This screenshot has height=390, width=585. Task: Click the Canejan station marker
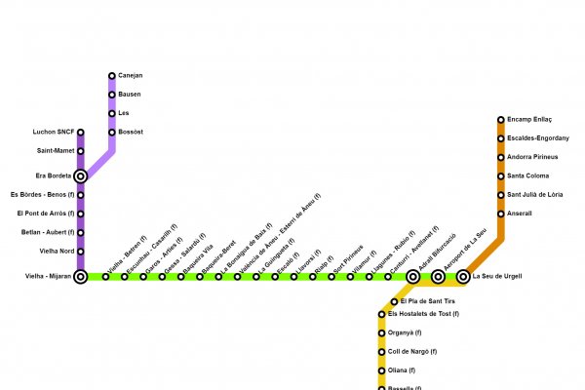pyautogui.click(x=112, y=76)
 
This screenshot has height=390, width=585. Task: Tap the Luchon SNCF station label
pyautogui.click(x=55, y=133)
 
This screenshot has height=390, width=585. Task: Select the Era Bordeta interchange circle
pyautogui.click(x=80, y=176)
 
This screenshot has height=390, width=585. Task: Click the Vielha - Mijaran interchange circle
pyautogui.click(x=80, y=277)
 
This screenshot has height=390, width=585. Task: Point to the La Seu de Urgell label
pyautogui.click(x=496, y=277)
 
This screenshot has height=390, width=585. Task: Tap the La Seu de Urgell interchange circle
pyautogui.click(x=463, y=277)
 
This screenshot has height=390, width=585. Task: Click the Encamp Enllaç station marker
pyautogui.click(x=501, y=120)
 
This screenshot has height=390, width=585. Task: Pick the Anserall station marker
pyautogui.click(x=501, y=214)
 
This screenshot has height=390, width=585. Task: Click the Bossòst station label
pyautogui.click(x=131, y=132)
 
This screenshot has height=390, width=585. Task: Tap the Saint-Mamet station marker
pyautogui.click(x=80, y=151)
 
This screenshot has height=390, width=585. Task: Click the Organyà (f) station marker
pyautogui.click(x=381, y=333)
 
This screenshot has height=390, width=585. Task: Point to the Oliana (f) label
pyautogui.click(x=402, y=370)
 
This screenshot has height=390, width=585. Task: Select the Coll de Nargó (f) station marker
pyautogui.click(x=381, y=352)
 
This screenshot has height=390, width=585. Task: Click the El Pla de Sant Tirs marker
pyautogui.click(x=394, y=302)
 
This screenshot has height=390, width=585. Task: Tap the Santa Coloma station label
pyautogui.click(x=528, y=175)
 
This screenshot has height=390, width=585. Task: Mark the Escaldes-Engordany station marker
pyautogui.click(x=501, y=138)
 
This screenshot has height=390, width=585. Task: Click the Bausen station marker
pyautogui.click(x=112, y=95)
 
